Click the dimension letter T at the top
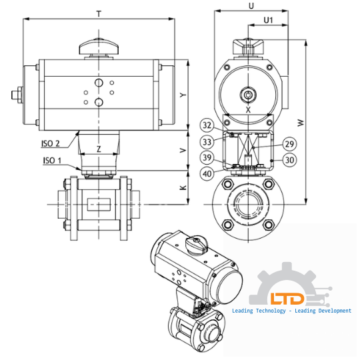tap(99, 13)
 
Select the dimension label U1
tap(269, 21)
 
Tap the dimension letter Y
tap(183, 95)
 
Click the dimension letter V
tap(183, 151)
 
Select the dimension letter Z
tap(99, 149)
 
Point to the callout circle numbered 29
tap(290, 143)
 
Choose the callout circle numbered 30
tap(290, 160)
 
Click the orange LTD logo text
tap(286, 299)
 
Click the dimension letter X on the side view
tap(248, 109)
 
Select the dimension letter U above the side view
tap(251, 5)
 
